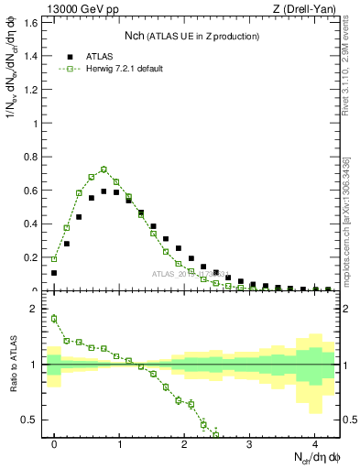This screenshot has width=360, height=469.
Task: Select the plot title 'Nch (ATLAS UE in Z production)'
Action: coord(191,36)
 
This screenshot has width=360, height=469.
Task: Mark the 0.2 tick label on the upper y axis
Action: coord(32,257)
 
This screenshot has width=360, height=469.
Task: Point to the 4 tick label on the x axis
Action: coord(314,444)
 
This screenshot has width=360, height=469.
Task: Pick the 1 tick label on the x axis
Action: coord(119,444)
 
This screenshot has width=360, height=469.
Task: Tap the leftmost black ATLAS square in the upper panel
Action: coord(54,273)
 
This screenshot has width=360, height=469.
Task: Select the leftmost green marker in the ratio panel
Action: coord(54,319)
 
